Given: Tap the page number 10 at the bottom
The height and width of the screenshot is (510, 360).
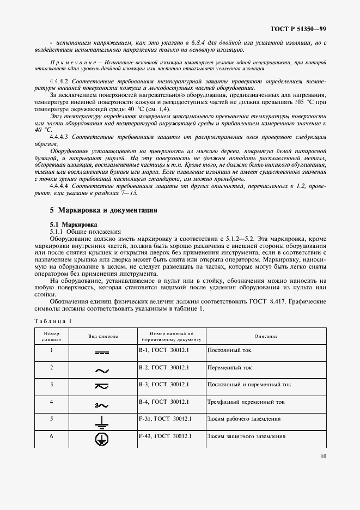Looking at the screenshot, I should click(323, 457).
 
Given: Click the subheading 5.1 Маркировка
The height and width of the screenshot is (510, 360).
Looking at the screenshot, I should click(74, 224).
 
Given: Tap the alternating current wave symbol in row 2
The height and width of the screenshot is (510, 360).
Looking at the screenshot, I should click(102, 371).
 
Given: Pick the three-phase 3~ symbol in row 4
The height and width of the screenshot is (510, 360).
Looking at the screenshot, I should click(102, 405).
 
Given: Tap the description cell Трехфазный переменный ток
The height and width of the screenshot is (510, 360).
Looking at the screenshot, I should click(246, 402).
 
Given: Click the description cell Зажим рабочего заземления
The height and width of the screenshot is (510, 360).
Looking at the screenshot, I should click(245, 420).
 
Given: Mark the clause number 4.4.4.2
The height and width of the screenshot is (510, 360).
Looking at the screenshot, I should click(61, 81).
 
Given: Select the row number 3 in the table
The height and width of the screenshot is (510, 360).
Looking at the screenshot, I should click(51, 385).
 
